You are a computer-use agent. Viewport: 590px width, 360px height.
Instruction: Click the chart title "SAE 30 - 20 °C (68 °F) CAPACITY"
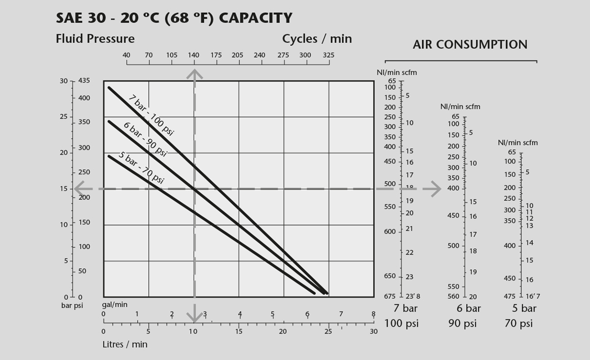(x=174, y=18)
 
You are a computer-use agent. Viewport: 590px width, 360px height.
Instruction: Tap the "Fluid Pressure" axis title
(x=95, y=39)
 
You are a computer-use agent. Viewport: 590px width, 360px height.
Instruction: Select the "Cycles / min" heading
(x=317, y=39)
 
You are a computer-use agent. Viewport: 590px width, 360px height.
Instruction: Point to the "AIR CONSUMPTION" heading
(x=470, y=45)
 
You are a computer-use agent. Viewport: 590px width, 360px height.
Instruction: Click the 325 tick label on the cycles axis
(x=328, y=55)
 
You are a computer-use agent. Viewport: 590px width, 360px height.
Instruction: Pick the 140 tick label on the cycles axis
(x=194, y=55)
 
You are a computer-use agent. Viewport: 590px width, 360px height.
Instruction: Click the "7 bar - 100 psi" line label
(x=151, y=115)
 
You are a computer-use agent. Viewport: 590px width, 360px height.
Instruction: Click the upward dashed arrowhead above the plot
(x=194, y=74)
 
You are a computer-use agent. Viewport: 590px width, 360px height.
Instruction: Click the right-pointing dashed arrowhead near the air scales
(x=434, y=189)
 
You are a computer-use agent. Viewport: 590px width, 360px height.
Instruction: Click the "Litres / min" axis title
(x=125, y=344)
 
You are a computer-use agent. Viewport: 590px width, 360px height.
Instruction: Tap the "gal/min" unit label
(x=115, y=304)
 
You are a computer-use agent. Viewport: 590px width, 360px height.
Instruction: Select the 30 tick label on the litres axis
(x=374, y=331)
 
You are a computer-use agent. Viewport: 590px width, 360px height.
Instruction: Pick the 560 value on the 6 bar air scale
(x=453, y=297)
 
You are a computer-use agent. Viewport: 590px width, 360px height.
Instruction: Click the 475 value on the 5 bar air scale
(x=510, y=296)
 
